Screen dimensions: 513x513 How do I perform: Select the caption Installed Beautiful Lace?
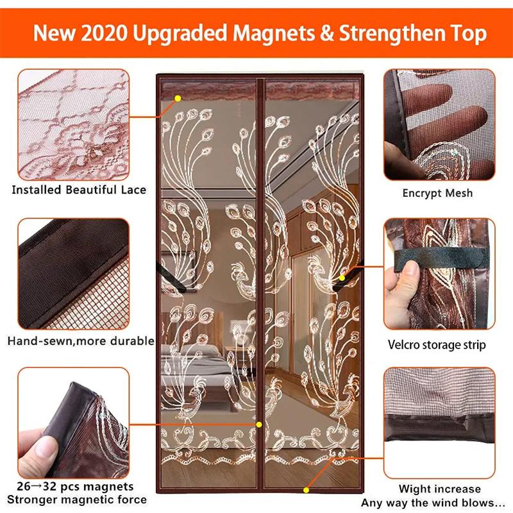79,189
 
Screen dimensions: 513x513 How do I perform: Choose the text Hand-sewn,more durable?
81,341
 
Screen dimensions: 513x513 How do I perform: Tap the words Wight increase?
439,489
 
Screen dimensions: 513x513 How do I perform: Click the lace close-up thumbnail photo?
74,124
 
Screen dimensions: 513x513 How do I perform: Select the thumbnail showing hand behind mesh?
439,124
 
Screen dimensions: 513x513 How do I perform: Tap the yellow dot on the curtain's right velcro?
342,278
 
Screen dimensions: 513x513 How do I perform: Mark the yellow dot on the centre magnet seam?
259,425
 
